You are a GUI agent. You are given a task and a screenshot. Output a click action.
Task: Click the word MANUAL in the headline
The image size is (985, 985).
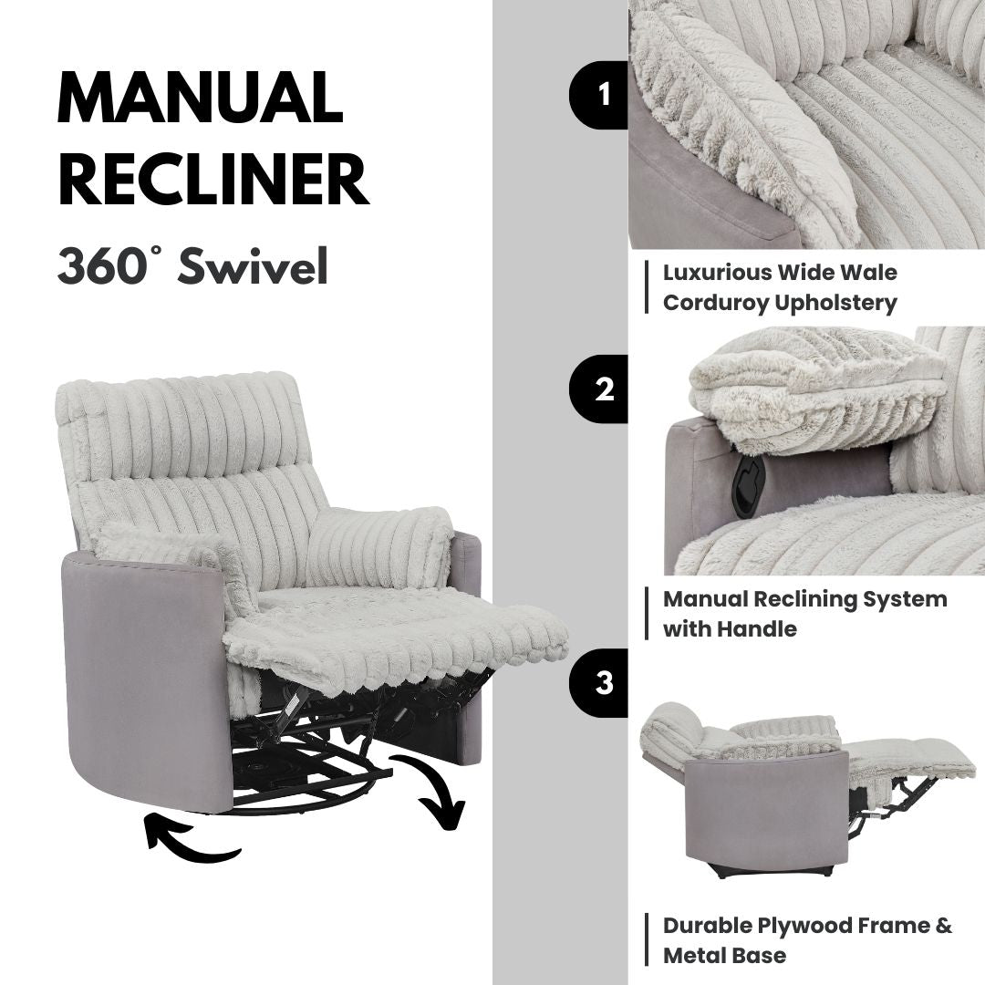click(x=201, y=98)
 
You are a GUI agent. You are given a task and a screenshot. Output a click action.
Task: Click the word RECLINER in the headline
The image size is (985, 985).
click(x=213, y=180)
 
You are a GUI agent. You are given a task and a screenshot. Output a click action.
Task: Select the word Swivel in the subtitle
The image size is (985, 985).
click(x=253, y=266)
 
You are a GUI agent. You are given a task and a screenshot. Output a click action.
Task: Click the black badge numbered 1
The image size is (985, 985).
click(x=603, y=94)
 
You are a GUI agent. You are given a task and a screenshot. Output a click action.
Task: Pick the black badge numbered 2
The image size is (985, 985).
click(x=603, y=389)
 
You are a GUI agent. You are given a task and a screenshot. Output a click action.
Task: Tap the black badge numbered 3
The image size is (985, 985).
click(x=603, y=683)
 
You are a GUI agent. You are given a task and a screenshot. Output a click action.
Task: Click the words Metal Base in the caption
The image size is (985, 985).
click(x=724, y=956)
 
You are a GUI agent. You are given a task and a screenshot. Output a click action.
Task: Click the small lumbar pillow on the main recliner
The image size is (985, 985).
click(x=379, y=547)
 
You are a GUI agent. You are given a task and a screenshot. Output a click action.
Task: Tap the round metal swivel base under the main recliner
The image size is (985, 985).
click(x=310, y=775)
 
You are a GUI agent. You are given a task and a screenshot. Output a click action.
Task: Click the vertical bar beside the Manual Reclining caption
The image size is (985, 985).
click(x=647, y=614)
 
